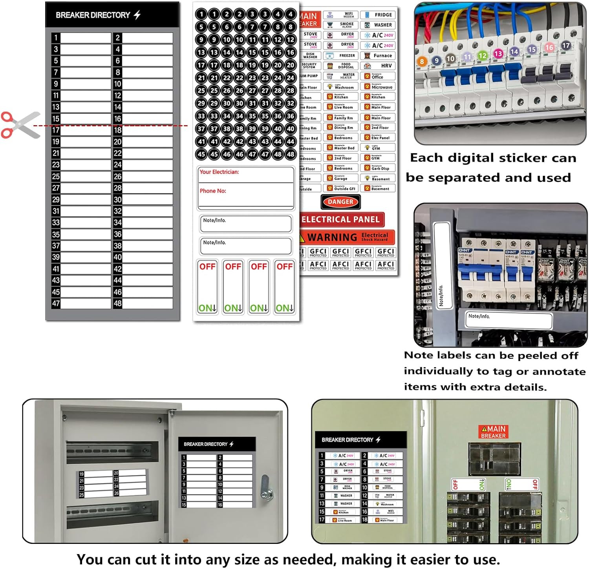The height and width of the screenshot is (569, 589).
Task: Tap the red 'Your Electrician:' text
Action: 219,172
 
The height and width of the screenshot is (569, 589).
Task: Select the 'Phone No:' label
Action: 213,191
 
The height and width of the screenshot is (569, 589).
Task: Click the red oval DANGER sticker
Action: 340,202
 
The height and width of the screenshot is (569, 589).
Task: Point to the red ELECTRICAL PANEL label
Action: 340,219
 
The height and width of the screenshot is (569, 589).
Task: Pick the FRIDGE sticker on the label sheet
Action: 378,15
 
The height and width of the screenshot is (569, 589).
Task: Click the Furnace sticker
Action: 378,56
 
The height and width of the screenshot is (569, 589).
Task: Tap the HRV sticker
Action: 378,66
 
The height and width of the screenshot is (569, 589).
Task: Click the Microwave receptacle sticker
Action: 378,87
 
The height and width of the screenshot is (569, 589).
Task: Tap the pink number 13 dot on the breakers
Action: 498,53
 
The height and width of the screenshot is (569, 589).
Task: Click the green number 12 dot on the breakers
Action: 482,56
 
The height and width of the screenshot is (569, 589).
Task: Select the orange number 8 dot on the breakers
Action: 422,61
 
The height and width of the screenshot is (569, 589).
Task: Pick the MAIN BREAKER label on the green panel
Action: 493,432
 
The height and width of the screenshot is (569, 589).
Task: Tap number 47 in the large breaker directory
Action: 56,303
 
